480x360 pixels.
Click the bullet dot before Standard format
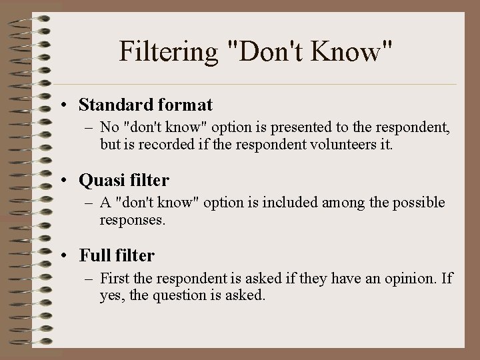point(69,105)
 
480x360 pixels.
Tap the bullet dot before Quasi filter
point(69,181)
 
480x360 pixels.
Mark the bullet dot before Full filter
point(69,256)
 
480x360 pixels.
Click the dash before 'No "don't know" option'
point(89,127)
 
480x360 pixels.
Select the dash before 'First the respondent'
point(89,277)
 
